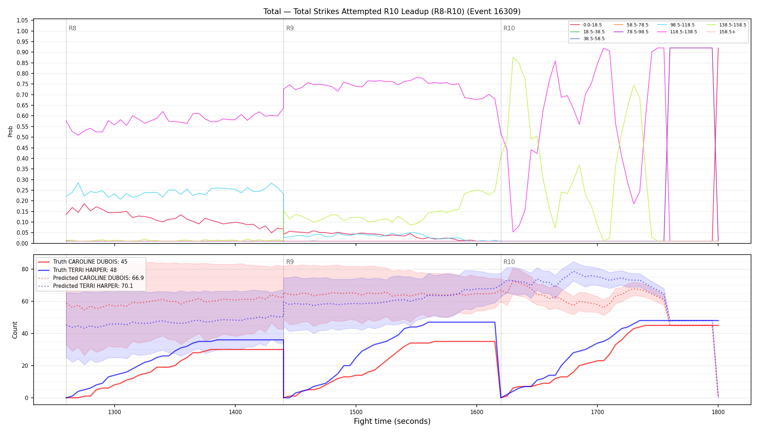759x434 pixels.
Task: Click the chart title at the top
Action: pyautogui.click(x=392, y=12)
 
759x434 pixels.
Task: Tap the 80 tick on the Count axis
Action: pyautogui.click(x=25, y=269)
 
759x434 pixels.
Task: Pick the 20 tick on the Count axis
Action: pyautogui.click(x=25, y=366)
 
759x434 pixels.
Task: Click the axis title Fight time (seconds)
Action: pyautogui.click(x=392, y=421)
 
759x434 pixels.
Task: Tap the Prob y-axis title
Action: pyautogui.click(x=10, y=131)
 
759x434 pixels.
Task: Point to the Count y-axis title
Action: pyautogui.click(x=15, y=330)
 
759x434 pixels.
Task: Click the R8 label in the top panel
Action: pyautogui.click(x=72, y=28)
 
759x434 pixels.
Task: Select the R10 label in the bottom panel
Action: pyautogui.click(x=509, y=262)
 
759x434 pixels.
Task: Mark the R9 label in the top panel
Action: pyautogui.click(x=290, y=28)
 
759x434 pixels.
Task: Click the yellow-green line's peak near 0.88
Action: pyautogui.click(x=513, y=57)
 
